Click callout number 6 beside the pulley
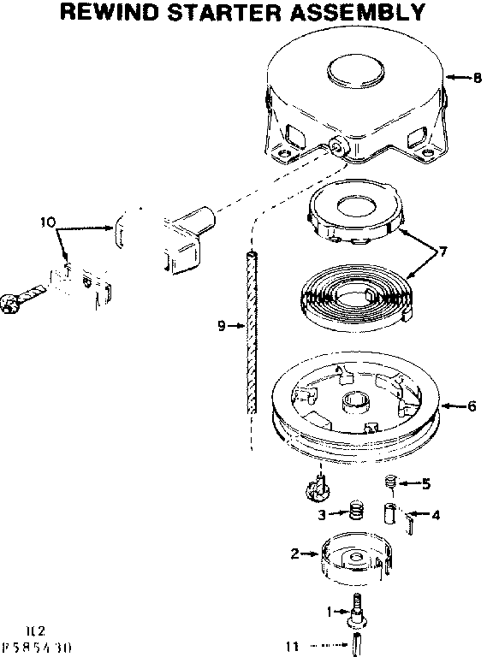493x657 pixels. tap(471, 406)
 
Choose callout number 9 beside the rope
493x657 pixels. tap(222, 325)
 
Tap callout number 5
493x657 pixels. tap(425, 484)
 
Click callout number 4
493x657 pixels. tap(436, 515)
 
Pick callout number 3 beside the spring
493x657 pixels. tap(322, 514)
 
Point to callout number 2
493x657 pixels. tap(294, 553)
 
